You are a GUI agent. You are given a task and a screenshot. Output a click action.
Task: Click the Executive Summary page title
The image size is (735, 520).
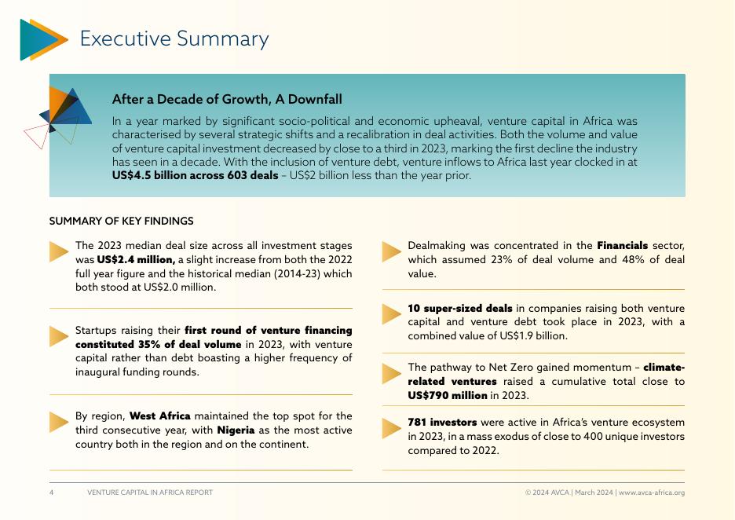tap(174, 38)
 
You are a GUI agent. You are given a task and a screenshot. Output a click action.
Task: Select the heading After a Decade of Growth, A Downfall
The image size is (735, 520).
tap(227, 99)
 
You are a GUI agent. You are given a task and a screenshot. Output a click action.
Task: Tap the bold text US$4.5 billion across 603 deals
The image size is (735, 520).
tap(195, 175)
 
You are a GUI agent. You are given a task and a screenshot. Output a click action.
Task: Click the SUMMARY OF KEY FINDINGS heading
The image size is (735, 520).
tap(121, 222)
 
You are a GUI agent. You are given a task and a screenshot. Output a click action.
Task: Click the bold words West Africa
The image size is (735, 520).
tap(160, 416)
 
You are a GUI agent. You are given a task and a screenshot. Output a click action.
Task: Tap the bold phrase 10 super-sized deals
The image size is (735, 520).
tap(460, 308)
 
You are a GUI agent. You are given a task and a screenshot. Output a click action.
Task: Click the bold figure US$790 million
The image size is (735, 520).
tap(448, 395)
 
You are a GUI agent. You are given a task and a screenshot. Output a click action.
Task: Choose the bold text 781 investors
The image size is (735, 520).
tap(442, 422)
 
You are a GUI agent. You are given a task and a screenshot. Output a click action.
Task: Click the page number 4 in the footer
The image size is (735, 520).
tap(52, 493)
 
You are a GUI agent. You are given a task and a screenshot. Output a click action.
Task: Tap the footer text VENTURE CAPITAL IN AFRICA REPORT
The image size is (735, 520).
tap(150, 493)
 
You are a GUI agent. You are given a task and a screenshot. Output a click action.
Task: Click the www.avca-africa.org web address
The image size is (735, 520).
tap(652, 493)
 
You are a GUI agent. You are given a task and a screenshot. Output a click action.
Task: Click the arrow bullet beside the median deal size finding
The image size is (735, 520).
tap(59, 251)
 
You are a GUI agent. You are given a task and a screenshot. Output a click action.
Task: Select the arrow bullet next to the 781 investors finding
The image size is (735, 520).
tap(392, 428)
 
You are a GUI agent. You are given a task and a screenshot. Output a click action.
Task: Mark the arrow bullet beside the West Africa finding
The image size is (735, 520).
tap(59, 422)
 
